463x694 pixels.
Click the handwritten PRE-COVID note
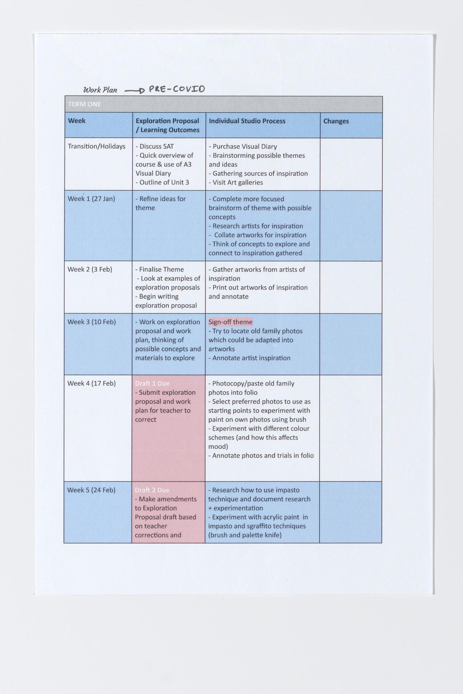tap(177, 89)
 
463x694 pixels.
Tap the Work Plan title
tap(100, 90)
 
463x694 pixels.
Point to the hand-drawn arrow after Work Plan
tap(135, 91)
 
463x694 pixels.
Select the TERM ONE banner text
tap(84, 104)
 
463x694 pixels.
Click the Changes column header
tap(336, 121)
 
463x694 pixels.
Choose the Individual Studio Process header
tap(247, 121)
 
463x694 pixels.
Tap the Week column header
tap(77, 121)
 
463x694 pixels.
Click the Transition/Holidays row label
tap(97, 146)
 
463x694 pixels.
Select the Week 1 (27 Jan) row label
tap(92, 198)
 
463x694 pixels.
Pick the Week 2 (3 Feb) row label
tap(90, 269)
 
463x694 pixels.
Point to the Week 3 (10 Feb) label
tap(92, 322)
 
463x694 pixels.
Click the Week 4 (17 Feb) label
tap(92, 383)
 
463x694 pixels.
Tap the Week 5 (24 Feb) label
tap(91, 490)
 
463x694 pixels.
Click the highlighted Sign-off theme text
tap(230, 322)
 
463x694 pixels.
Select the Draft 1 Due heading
tap(152, 384)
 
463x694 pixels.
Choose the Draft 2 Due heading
tap(152, 490)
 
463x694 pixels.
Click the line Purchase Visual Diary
tap(243, 146)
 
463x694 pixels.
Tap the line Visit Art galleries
tap(236, 183)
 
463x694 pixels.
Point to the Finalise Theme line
tap(160, 269)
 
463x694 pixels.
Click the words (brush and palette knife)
tap(245, 535)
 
